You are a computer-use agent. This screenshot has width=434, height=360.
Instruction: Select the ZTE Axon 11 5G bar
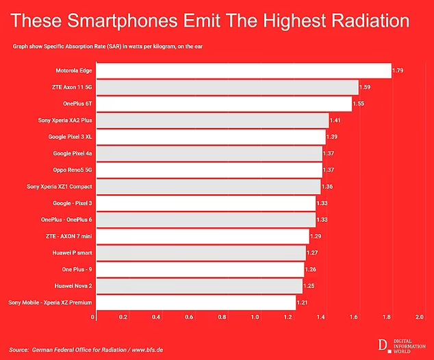(227, 88)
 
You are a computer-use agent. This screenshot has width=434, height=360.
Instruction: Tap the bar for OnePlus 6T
(223, 104)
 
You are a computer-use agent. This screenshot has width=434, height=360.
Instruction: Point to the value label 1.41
(335, 120)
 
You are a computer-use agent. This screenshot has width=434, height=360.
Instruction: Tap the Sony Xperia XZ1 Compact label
(60, 186)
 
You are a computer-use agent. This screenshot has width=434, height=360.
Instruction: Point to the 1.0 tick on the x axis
(256, 318)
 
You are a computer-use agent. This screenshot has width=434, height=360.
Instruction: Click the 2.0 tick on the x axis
(420, 318)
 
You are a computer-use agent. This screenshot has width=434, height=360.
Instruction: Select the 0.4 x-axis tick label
(157, 318)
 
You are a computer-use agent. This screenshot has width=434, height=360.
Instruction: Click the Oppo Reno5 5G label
(73, 170)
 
